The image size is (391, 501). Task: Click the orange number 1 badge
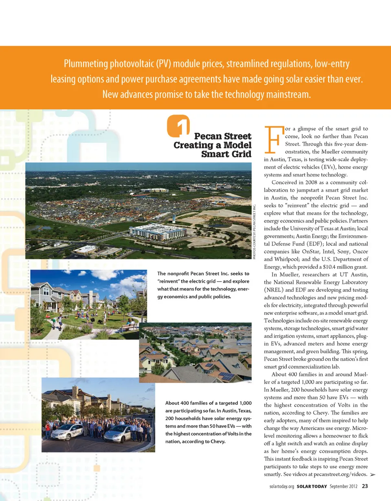[x=178, y=126]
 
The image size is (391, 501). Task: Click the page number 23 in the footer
[x=365, y=486]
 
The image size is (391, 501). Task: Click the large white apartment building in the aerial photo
[x=157, y=232]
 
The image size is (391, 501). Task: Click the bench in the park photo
[x=129, y=326]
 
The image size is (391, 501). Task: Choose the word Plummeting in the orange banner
[x=84, y=64]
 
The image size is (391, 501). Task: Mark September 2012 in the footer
[x=344, y=486]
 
